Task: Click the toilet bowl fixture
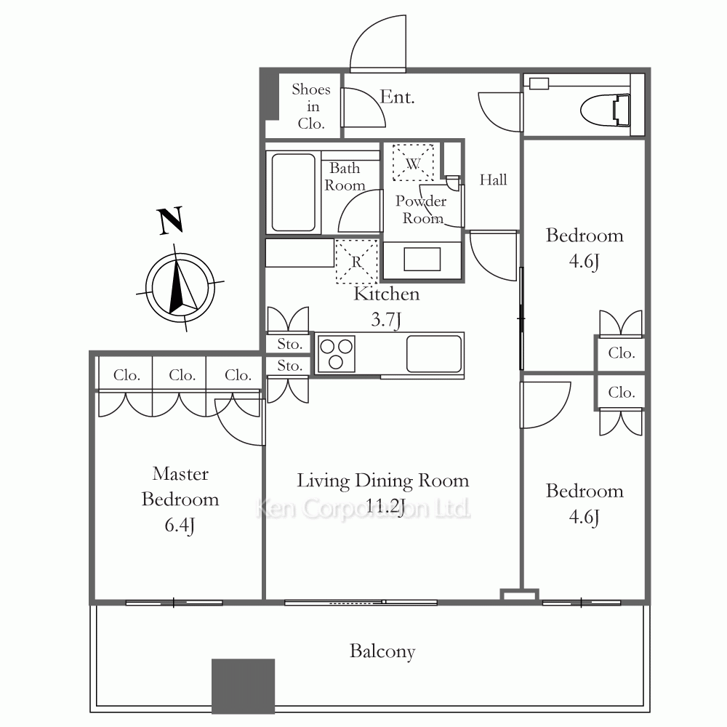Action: pyautogui.click(x=606, y=111)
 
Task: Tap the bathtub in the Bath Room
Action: pyautogui.click(x=294, y=193)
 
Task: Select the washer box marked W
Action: pyautogui.click(x=413, y=162)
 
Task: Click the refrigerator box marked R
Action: pyautogui.click(x=356, y=261)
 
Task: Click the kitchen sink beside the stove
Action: pyautogui.click(x=434, y=354)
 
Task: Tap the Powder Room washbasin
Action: pyautogui.click(x=422, y=260)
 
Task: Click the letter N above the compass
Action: pyautogui.click(x=170, y=221)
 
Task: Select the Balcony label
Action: pyautogui.click(x=382, y=651)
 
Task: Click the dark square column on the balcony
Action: pyautogui.click(x=243, y=686)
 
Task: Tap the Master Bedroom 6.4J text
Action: pyautogui.click(x=180, y=500)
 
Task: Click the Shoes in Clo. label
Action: pyautogui.click(x=311, y=106)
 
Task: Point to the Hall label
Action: pyautogui.click(x=493, y=180)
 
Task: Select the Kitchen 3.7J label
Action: pyautogui.click(x=386, y=307)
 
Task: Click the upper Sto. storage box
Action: pyautogui.click(x=289, y=344)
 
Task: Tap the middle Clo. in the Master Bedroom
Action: pyautogui.click(x=182, y=374)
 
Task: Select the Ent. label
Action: pyautogui.click(x=397, y=97)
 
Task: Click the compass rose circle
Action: pyautogui.click(x=180, y=287)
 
